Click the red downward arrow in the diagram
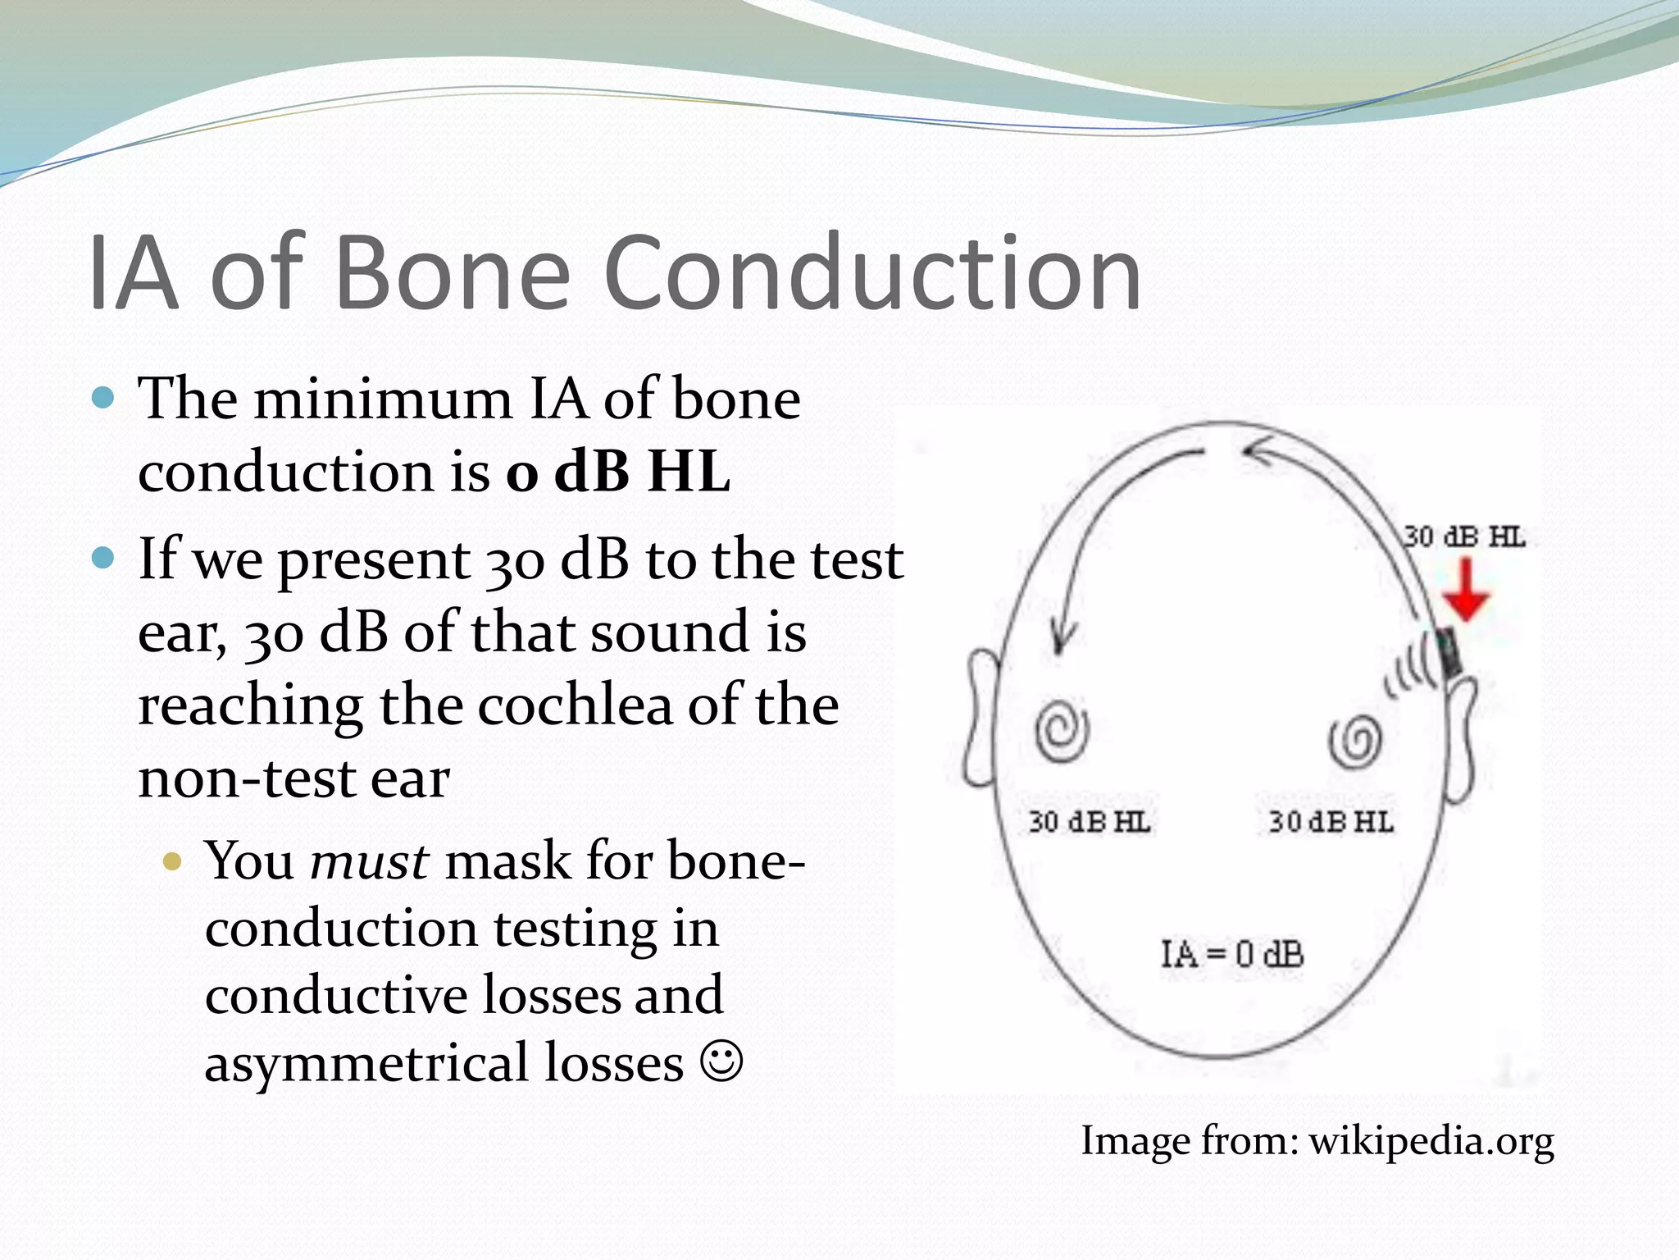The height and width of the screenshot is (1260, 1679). pos(1465,591)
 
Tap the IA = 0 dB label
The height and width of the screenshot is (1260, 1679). pos(1232,954)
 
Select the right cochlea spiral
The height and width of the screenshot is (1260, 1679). pos(1355,742)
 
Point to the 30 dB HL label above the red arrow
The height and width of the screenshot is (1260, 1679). pos(1464,537)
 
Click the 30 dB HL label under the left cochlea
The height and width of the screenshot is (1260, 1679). pos(1090,821)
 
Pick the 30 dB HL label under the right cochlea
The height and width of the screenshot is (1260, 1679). pos(1331,821)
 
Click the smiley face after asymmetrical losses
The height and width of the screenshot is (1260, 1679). pos(721,1061)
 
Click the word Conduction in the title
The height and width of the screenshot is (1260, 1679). pos(871,272)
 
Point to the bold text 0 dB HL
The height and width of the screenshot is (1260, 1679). pos(617,472)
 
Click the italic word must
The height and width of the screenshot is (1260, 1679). pos(369,861)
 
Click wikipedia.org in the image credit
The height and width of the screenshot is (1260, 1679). pos(1431,1140)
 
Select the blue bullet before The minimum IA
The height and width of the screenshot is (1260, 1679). pos(103,399)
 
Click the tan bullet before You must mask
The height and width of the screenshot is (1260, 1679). pos(172,861)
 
